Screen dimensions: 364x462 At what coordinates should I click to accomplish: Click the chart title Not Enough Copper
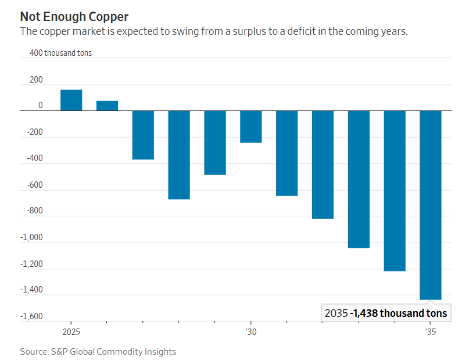pos(74,16)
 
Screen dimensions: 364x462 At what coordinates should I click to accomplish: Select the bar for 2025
pos(71,100)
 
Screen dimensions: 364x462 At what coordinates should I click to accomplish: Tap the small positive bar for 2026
pos(107,105)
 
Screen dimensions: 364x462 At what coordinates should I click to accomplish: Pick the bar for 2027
pos(143,135)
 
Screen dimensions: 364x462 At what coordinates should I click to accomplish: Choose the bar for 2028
pos(179,155)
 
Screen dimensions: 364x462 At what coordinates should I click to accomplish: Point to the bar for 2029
pos(215,142)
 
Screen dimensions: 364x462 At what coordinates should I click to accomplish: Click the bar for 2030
pos(251,126)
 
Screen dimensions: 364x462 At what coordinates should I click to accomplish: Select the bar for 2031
pos(286,153)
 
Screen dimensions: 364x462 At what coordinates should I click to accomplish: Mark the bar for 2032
pos(323,165)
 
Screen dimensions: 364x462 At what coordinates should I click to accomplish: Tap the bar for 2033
pos(359,179)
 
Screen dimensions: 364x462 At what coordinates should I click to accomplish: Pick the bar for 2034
pos(395,191)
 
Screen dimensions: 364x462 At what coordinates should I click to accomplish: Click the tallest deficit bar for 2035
pos(431,205)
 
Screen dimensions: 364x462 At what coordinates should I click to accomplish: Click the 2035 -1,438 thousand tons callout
pos(386,313)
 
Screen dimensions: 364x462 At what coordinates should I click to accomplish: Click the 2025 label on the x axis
pos(71,331)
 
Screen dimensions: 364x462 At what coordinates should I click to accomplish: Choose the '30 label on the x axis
pos(250,331)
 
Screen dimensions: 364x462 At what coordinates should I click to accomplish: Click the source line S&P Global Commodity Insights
pos(98,352)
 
